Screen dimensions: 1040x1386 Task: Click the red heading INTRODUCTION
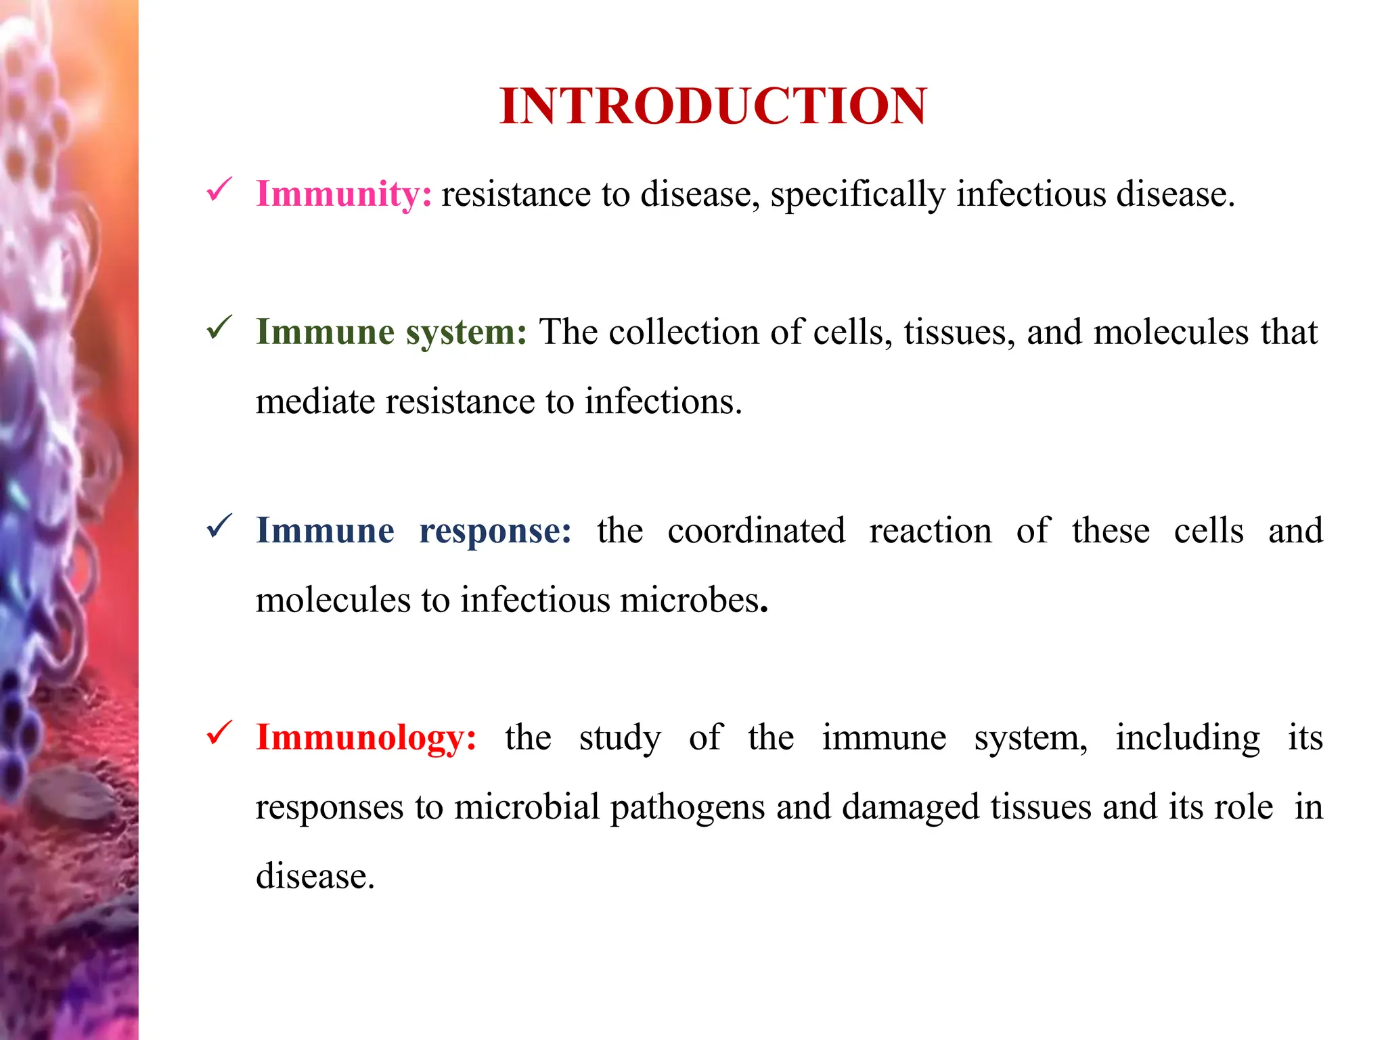click(x=713, y=106)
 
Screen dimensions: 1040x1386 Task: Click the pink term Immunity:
click(x=344, y=194)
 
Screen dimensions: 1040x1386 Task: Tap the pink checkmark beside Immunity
click(x=219, y=190)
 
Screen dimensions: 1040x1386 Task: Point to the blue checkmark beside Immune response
click(x=219, y=526)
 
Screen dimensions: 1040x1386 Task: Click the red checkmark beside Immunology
click(x=219, y=733)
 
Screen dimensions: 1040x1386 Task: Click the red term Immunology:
click(x=366, y=738)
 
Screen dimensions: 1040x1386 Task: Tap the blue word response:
click(x=495, y=532)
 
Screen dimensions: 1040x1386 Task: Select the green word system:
click(x=466, y=333)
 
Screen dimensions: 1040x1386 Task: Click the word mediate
click(x=315, y=402)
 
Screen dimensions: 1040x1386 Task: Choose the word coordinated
click(x=756, y=531)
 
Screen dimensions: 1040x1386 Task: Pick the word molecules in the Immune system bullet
click(x=1171, y=332)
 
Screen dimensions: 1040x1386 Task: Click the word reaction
click(x=931, y=531)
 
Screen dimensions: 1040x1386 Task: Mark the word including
click(x=1188, y=738)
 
